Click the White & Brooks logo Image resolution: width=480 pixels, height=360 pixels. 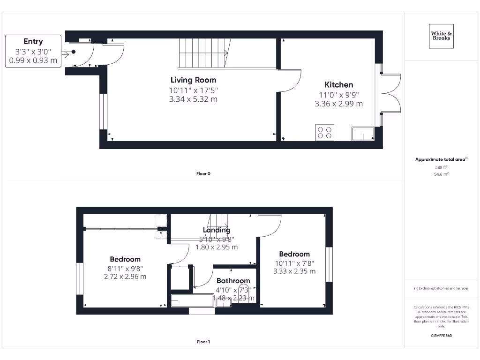pos(441,36)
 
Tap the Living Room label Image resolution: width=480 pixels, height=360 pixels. pos(193,80)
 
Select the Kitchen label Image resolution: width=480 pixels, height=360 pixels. pos(339,85)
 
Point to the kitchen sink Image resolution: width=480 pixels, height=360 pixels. pos(363,134)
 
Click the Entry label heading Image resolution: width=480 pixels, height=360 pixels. pos(33,42)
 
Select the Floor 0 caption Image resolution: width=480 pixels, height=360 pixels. pos(203,174)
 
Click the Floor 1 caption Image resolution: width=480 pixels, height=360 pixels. pos(203,342)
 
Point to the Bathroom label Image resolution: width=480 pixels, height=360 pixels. pos(233,281)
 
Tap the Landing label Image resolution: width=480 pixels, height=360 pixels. pos(216,230)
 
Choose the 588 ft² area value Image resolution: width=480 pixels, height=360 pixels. pos(441,167)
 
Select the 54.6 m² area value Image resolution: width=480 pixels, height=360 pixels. pos(441,174)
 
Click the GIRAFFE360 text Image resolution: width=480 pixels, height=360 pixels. pos(441,336)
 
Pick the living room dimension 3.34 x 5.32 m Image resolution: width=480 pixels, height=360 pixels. pos(193,99)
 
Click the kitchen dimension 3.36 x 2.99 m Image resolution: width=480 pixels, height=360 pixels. pos(339,104)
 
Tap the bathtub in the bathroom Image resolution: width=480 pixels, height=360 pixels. pos(193,300)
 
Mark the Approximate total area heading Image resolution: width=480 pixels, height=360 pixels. pos(441,160)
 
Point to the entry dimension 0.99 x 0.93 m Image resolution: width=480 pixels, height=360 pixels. pos(33,60)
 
